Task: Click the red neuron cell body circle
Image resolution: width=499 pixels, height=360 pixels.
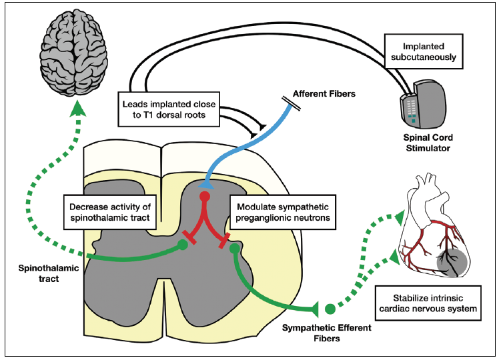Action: tap(206, 198)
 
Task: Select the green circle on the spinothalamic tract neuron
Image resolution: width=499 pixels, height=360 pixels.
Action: tap(183, 245)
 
